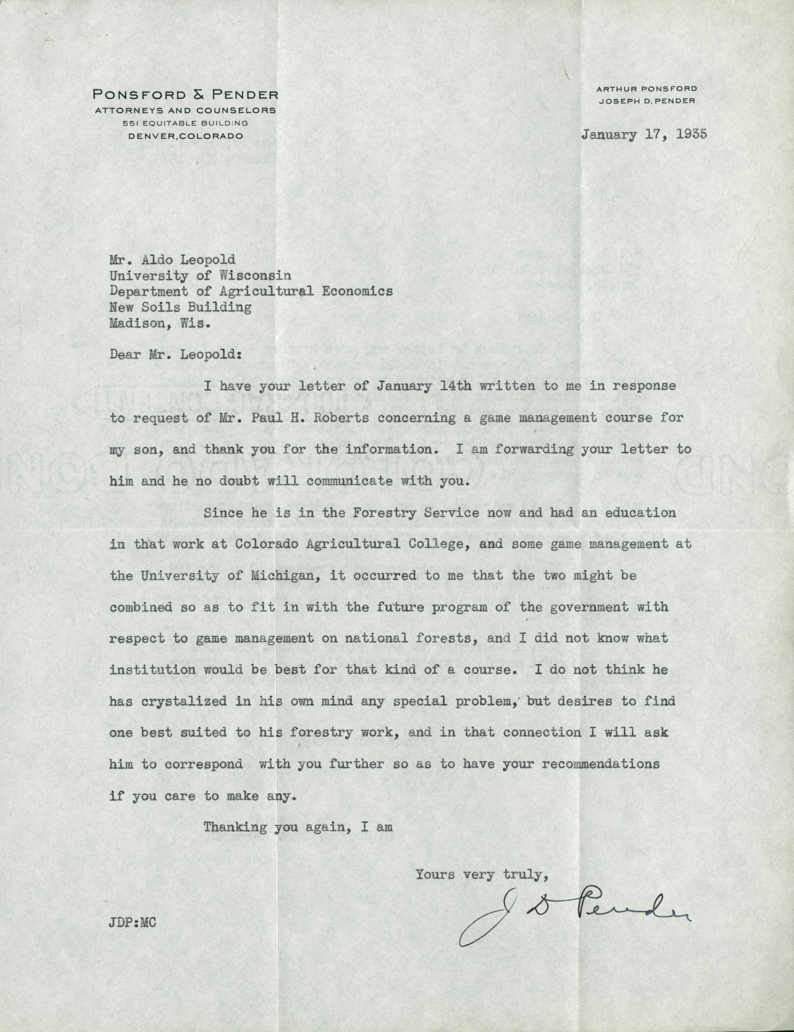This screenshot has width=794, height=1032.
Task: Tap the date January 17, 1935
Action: (x=644, y=134)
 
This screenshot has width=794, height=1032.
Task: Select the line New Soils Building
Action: (x=180, y=307)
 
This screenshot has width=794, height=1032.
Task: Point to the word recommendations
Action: (x=600, y=764)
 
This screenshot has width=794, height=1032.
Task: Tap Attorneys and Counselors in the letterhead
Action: (x=185, y=111)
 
